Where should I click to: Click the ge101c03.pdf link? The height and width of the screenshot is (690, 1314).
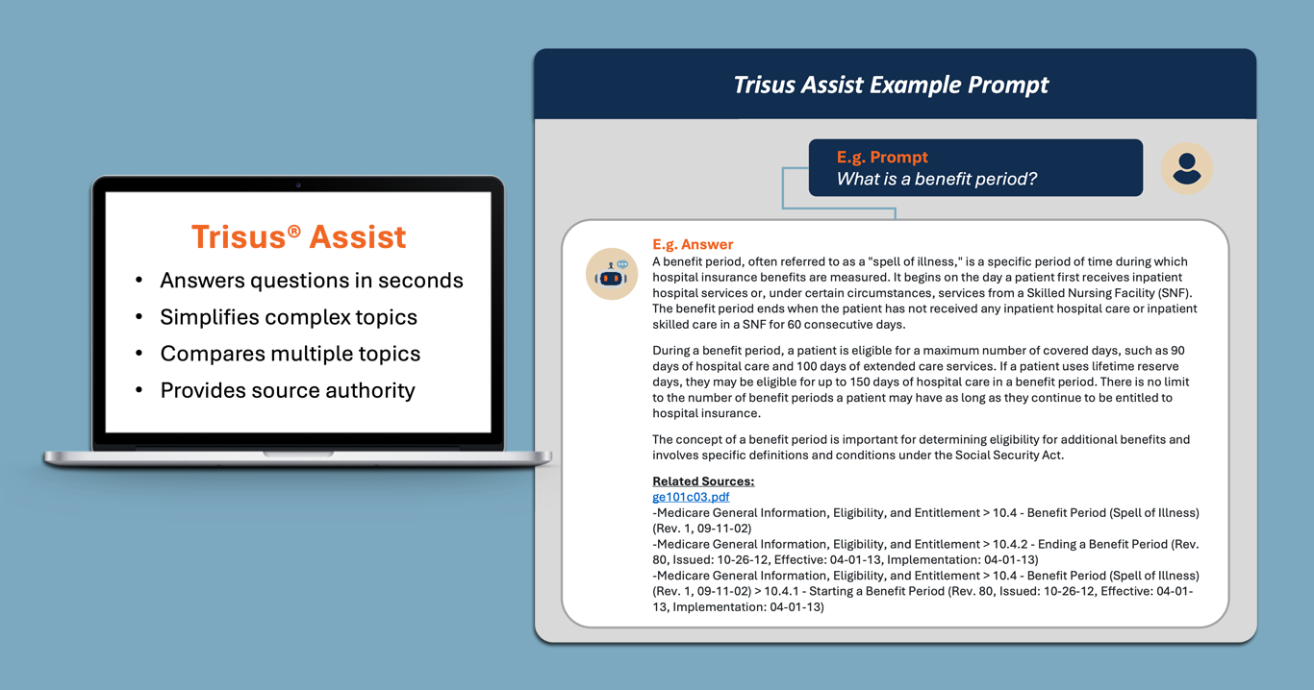(691, 497)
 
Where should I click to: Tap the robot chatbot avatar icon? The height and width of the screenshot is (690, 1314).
(612, 274)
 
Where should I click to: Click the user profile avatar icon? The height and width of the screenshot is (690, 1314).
(1187, 168)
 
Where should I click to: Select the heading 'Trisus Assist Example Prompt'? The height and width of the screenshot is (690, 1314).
(891, 85)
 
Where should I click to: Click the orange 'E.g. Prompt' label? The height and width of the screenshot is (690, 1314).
(882, 157)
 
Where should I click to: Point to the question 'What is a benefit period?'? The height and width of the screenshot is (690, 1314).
(937, 179)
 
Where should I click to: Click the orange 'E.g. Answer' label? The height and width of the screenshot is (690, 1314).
(693, 244)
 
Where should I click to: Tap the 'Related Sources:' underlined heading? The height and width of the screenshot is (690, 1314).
(703, 481)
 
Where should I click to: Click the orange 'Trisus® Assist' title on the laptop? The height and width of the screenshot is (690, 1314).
(298, 236)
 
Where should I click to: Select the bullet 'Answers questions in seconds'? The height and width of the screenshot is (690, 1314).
(312, 281)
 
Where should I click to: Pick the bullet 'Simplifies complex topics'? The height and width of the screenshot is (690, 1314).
(289, 317)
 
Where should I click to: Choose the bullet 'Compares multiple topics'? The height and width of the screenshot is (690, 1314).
(291, 354)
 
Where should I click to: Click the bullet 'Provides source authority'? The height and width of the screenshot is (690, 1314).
(288, 390)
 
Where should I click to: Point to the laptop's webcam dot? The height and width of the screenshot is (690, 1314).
(298, 185)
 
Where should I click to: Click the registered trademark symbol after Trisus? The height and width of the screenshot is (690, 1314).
(294, 231)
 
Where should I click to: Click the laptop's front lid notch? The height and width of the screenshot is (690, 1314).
(298, 454)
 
